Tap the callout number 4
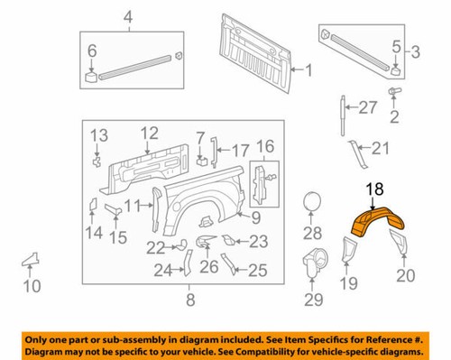point(127,17)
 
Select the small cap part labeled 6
point(92,76)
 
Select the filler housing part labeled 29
point(314,262)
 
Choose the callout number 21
point(380,148)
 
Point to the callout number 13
point(97,134)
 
